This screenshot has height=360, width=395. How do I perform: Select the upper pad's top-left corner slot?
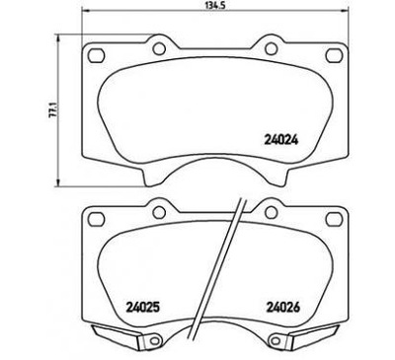pos(96,51)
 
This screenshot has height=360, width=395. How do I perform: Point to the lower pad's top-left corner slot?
pos(96,217)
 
